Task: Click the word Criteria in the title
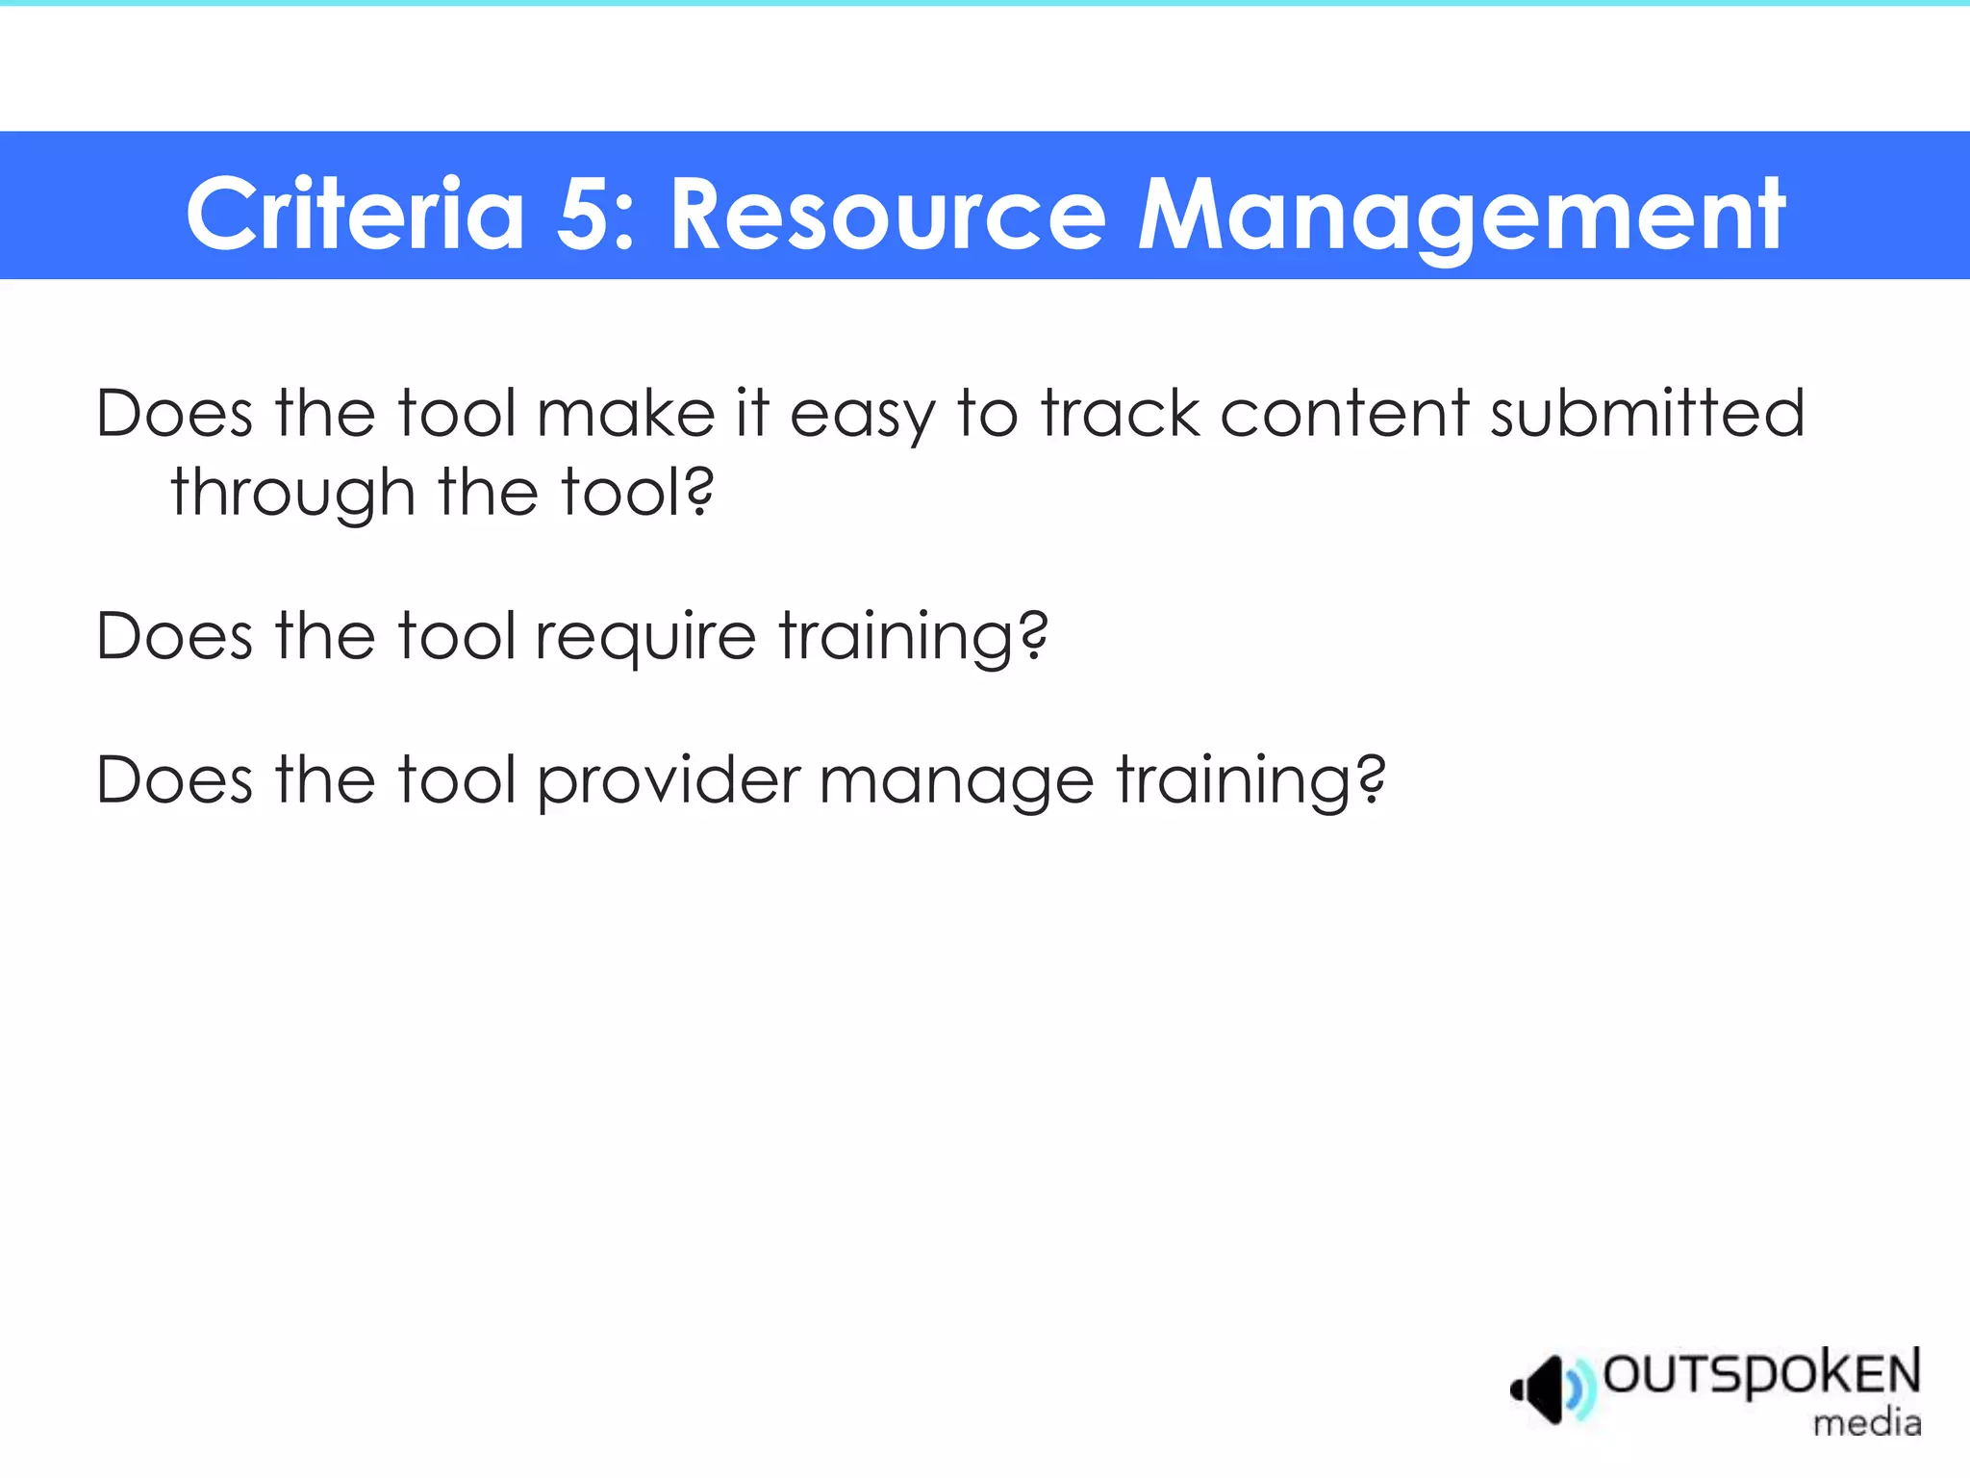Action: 355,215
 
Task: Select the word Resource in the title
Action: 887,215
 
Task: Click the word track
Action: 1121,414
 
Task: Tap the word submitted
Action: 1647,414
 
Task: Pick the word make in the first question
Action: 625,414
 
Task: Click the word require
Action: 645,638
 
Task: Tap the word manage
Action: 956,782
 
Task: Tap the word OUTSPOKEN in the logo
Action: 1761,1374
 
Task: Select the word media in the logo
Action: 1866,1422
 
